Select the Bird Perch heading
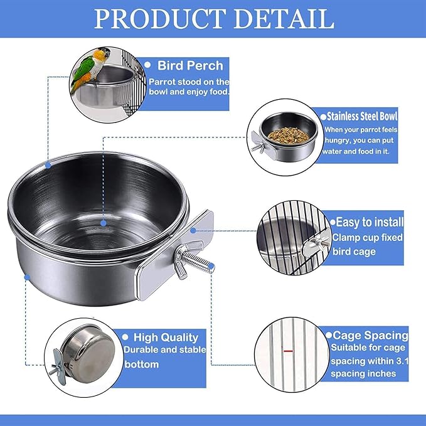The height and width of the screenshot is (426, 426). (190, 65)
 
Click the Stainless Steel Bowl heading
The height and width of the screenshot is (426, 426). (362, 117)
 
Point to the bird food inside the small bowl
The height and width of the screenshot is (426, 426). (288, 134)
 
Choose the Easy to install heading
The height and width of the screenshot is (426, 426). (369, 221)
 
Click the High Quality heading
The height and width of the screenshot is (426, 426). (161, 338)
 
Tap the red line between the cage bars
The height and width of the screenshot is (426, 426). (288, 351)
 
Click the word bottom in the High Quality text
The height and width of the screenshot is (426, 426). (142, 363)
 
